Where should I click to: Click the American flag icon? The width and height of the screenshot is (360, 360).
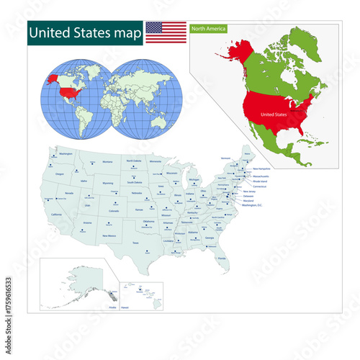click(166, 32)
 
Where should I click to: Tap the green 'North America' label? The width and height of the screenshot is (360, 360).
click(208, 29)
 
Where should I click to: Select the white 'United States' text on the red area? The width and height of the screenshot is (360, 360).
click(274, 114)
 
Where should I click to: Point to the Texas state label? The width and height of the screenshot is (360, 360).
click(135, 243)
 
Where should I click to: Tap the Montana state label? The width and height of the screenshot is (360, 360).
click(108, 162)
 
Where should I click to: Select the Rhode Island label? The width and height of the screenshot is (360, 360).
click(260, 181)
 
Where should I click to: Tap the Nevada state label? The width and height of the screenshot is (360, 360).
click(69, 193)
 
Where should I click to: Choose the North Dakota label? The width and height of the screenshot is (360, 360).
click(134, 161)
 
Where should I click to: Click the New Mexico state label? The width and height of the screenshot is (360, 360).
click(109, 235)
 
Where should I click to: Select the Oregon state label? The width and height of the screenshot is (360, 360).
click(59, 174)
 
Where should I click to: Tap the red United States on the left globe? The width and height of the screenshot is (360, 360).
click(70, 92)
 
